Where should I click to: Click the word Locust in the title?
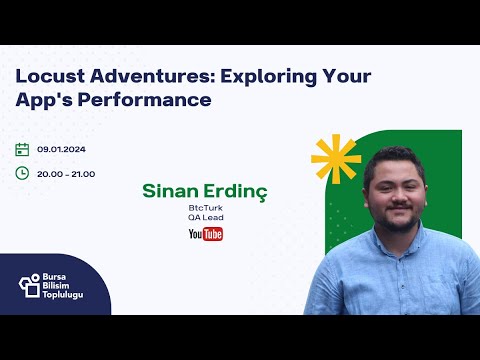click(47, 77)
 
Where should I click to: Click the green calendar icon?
click(22, 149)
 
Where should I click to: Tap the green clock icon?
click(22, 172)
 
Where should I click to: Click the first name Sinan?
click(170, 189)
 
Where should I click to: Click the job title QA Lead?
click(205, 217)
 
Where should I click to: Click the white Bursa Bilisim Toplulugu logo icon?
click(29, 284)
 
